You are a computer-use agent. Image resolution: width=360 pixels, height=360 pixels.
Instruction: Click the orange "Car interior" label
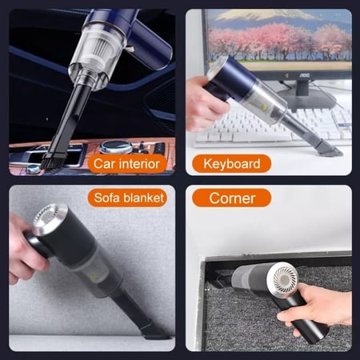(127, 163)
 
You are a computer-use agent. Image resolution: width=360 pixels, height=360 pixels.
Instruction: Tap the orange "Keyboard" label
(231, 163)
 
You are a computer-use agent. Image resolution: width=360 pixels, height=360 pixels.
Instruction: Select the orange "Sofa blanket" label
(127, 198)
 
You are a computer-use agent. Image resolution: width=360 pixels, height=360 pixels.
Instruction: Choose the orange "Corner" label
(232, 198)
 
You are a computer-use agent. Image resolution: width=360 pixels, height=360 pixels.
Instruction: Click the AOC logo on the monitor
(304, 75)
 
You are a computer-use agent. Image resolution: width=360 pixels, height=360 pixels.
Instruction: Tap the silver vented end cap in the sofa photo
(50, 218)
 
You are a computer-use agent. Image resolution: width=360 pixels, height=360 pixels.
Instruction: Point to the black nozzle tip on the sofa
(155, 332)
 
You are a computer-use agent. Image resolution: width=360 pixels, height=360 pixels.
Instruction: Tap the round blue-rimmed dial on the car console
(115, 146)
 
